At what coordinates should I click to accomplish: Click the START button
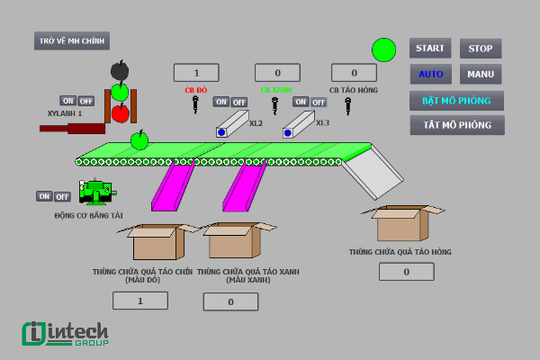pos(429,49)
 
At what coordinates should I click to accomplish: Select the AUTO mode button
pos(429,75)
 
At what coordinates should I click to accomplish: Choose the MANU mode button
pos(481,75)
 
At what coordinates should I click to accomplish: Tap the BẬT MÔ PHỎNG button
pos(456,100)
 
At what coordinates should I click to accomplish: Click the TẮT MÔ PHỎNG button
pos(456,125)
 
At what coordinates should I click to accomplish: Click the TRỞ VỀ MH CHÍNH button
pos(72,40)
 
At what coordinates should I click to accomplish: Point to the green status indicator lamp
pos(384,49)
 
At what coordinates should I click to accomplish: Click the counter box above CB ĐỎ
pos(196,73)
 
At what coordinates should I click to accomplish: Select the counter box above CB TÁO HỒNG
pos(354,73)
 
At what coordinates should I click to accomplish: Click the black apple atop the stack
pos(120,70)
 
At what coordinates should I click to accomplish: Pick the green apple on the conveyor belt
pos(139,140)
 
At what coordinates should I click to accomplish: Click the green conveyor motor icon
pos(94,191)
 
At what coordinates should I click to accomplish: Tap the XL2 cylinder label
pos(256,122)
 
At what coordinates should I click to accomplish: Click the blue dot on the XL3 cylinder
pos(288,132)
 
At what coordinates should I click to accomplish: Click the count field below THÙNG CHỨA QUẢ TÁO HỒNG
pos(406,271)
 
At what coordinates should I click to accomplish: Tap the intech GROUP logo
pos(65,333)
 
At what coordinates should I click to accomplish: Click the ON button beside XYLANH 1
pos(67,101)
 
